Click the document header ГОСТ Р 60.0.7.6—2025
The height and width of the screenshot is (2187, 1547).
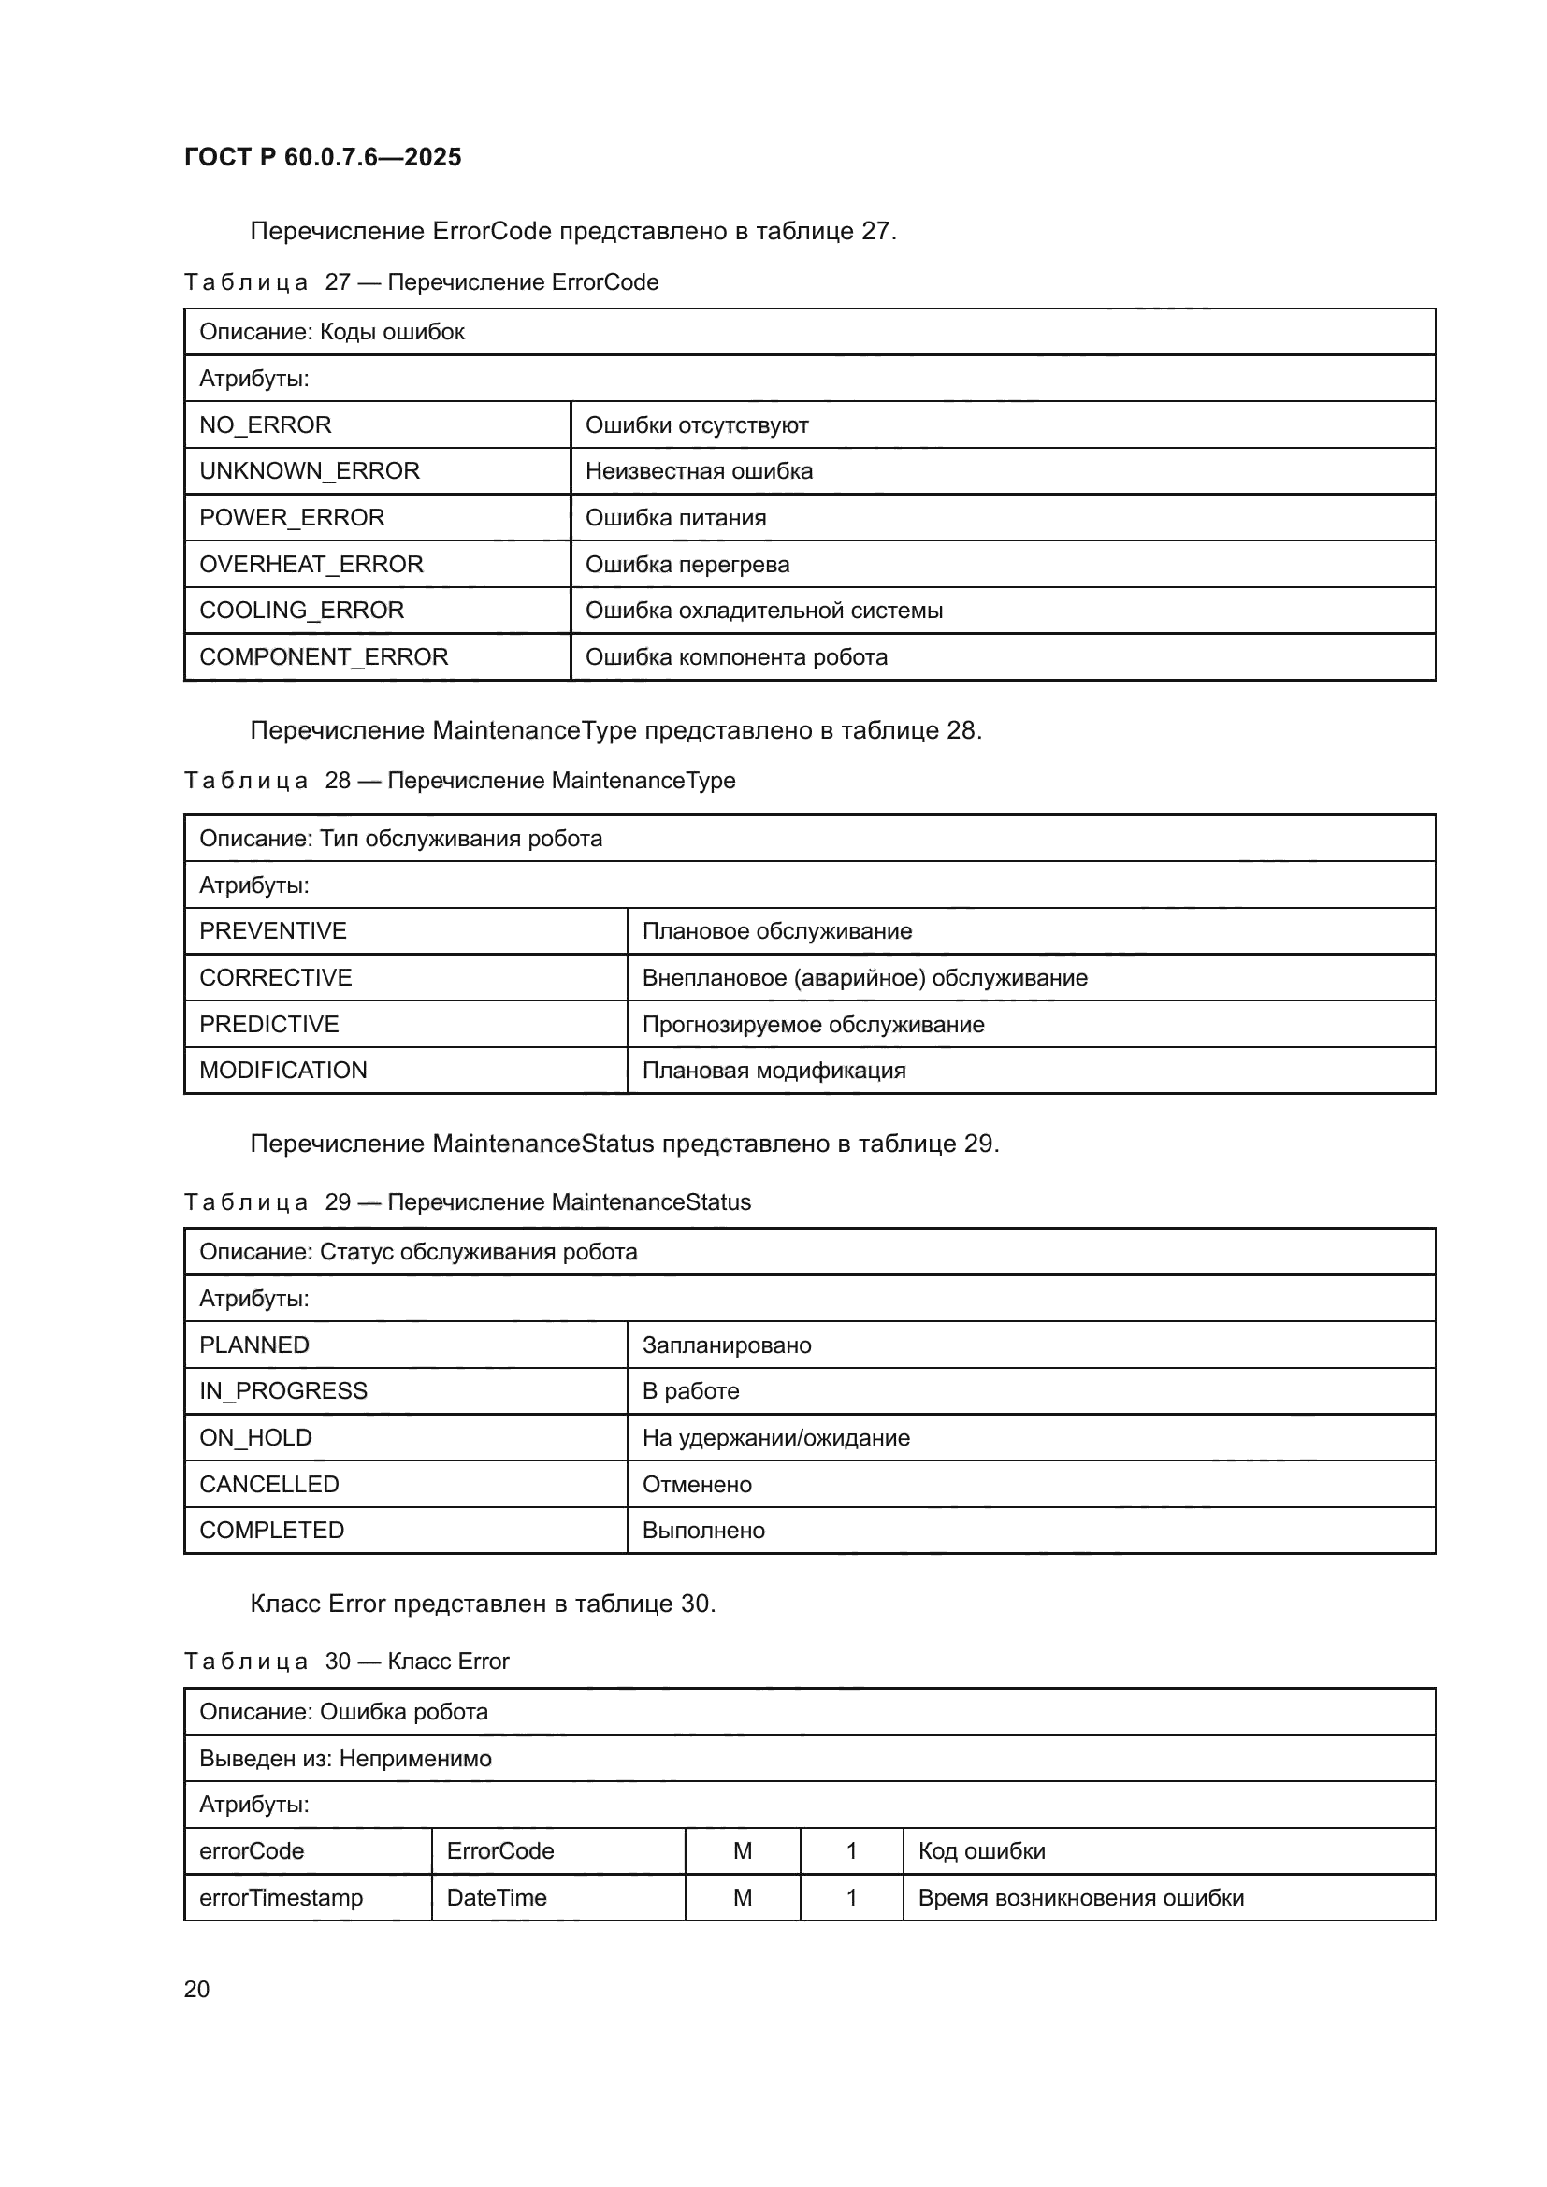322,157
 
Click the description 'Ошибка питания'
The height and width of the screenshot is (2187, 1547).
675,517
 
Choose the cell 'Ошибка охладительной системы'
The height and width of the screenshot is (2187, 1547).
763,610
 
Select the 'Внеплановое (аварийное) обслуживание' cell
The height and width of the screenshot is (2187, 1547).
864,977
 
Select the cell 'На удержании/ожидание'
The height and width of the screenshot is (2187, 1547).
775,1437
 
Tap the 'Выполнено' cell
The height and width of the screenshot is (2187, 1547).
703,1530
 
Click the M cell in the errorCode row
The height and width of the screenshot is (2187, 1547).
742,1850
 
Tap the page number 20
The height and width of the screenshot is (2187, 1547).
196,1989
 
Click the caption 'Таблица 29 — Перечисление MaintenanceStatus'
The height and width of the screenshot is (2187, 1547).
467,1202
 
